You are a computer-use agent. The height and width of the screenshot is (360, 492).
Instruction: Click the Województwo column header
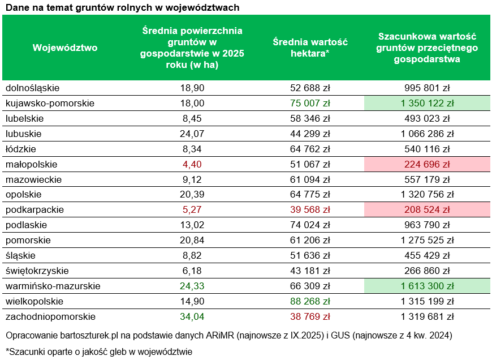65,48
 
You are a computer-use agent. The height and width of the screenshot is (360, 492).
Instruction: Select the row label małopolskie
32,164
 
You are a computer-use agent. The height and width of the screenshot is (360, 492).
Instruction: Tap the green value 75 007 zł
310,103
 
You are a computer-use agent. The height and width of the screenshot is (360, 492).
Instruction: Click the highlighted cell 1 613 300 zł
428,286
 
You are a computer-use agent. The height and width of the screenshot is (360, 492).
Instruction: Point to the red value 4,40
192,164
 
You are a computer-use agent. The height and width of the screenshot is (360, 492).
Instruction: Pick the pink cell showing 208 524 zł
428,210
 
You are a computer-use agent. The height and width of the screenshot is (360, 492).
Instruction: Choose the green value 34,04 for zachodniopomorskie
192,317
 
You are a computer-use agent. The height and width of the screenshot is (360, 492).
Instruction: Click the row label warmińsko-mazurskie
53,286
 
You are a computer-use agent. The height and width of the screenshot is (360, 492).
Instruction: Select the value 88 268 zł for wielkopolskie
310,302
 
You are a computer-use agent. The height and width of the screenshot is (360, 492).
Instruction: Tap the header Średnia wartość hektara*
310,48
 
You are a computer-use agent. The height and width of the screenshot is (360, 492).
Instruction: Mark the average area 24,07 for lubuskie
192,134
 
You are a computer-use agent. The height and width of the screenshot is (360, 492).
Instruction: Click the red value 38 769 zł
310,317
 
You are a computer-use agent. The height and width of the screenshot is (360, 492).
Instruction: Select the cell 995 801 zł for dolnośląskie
428,88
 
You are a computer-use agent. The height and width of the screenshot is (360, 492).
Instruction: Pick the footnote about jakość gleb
99,352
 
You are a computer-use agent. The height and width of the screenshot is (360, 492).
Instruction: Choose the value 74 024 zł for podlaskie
310,225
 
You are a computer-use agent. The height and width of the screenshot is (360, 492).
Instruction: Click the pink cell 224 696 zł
428,164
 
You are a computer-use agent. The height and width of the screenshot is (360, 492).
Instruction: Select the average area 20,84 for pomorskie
192,241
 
